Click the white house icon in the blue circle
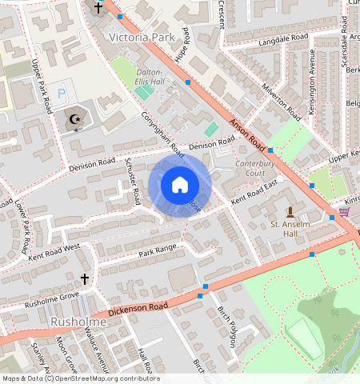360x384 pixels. pos(180,186)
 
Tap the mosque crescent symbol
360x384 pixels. pos(77,120)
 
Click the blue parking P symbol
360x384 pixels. pos(62,94)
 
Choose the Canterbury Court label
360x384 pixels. pos(245,167)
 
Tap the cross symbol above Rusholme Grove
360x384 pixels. pos(85,279)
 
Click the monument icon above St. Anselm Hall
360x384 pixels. pos(290,212)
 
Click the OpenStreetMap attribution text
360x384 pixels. pos(81,378)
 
